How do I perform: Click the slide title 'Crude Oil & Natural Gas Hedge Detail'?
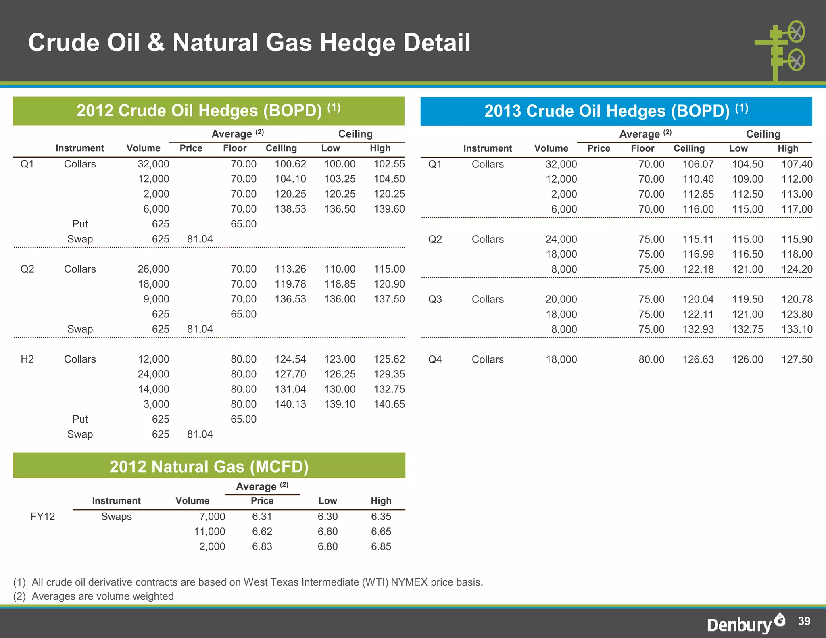coord(249,43)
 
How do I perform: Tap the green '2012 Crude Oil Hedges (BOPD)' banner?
coord(209,111)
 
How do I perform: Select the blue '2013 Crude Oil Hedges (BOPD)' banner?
coord(616,111)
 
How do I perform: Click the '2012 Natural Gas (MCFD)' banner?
coord(209,466)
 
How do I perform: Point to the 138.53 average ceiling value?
coord(290,209)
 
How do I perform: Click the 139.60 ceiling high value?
coord(389,209)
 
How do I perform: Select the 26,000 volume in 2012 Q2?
coord(153,269)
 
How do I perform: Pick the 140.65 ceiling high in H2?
coord(389,404)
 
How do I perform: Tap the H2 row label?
coord(27,359)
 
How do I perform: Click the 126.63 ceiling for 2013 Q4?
coord(698,359)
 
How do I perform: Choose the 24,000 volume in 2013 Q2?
coord(561,239)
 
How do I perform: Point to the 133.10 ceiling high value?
coord(797,329)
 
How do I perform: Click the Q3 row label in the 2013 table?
coord(435,299)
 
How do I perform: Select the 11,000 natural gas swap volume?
coord(209,532)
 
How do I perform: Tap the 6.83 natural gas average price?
coord(262,546)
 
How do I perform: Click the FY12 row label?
coord(42,517)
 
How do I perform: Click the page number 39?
coord(804,621)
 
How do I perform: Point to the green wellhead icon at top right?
coord(780,50)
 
